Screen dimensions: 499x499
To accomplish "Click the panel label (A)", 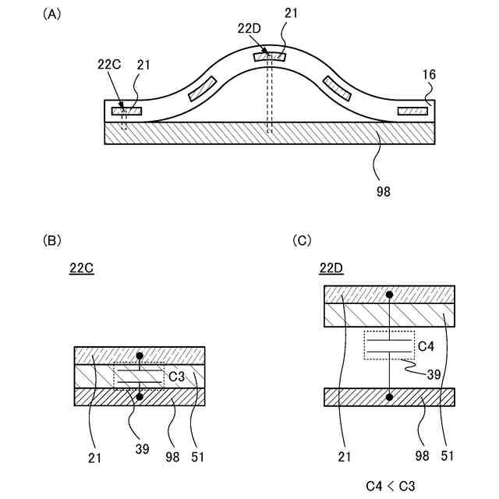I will pos(53,14).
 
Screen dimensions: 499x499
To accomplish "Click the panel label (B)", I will pos(53,241).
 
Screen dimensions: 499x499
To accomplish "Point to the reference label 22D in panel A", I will pos(250,28).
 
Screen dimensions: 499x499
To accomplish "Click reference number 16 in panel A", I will pos(429,75).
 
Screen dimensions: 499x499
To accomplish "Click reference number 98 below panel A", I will pos(382,189).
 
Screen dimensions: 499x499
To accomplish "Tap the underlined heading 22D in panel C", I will pos(331,270).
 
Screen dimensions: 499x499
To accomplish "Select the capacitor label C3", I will pos(176,377).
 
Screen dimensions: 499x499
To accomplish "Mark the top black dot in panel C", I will pos(390,294).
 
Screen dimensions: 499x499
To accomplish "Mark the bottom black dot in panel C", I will pos(390,397).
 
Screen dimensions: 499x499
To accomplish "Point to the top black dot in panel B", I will pos(140,356).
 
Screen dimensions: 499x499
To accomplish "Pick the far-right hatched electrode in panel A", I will pos(413,111).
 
